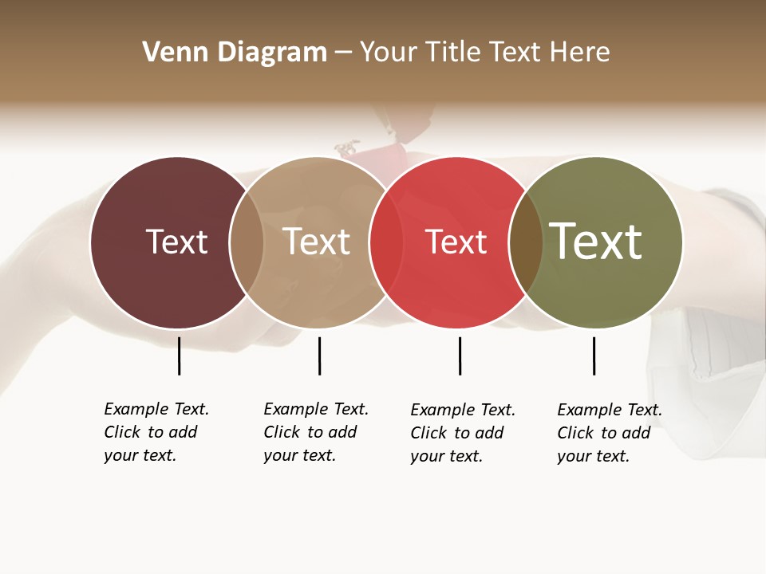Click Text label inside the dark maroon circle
coord(176,242)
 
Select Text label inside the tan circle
coord(316,242)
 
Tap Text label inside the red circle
coord(456,242)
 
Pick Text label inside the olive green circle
coord(596,242)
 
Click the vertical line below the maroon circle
coord(179,356)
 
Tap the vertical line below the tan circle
coord(319,356)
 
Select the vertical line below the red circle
coord(460,356)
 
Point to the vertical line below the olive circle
coord(594,356)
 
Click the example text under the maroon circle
coord(156,432)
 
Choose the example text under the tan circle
coord(316,432)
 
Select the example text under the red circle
coord(463,433)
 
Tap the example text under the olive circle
coord(610,433)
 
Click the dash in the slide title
coord(343,53)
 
